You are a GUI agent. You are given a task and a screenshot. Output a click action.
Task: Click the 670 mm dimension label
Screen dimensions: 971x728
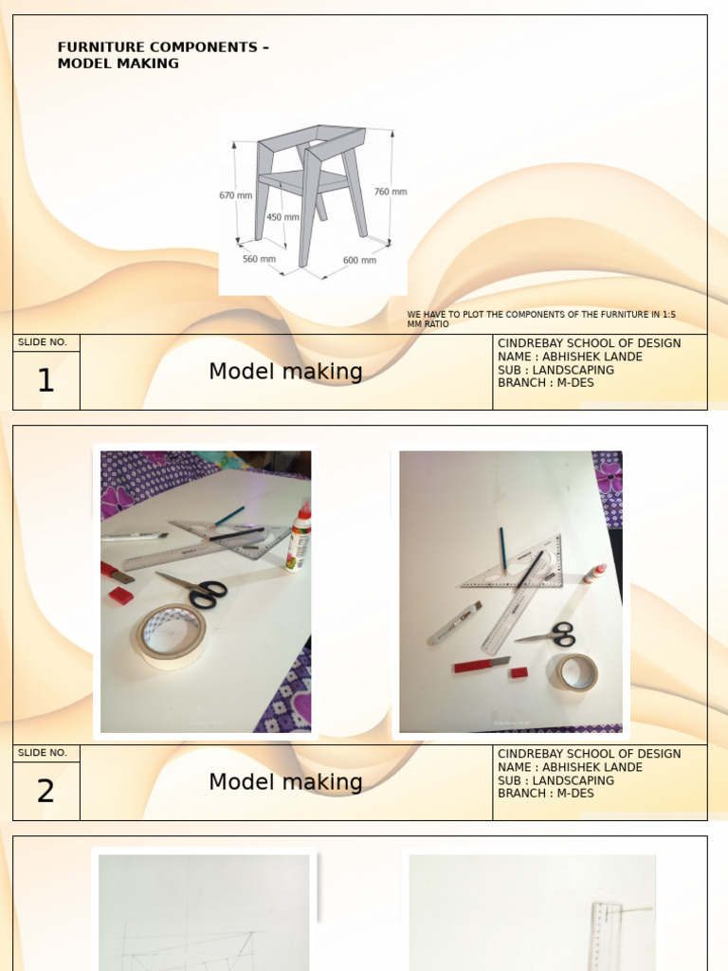(x=235, y=195)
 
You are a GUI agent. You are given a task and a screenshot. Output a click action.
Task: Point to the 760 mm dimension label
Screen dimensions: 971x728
(x=390, y=192)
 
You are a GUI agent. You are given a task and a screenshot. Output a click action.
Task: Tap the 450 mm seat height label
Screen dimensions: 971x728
(x=282, y=217)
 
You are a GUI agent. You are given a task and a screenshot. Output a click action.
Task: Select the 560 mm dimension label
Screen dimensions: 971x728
(x=259, y=259)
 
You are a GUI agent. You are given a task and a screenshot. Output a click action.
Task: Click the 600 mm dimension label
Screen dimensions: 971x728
(x=359, y=260)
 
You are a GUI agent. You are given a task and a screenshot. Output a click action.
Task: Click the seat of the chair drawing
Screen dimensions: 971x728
(x=303, y=180)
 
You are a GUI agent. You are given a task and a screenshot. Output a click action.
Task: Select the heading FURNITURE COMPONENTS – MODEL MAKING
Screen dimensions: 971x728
(x=163, y=55)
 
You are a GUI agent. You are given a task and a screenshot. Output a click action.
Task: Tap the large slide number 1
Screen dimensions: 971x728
(x=45, y=381)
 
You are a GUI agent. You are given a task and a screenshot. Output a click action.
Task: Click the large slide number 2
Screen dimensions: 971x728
(x=45, y=792)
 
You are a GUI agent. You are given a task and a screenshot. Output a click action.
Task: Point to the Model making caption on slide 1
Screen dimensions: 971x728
(x=285, y=372)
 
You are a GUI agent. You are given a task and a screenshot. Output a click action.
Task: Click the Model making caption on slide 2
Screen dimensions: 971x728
(x=285, y=782)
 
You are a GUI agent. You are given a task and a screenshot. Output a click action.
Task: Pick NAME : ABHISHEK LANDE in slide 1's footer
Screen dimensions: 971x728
(x=570, y=357)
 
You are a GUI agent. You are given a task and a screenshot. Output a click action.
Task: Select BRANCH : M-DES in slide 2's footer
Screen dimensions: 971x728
(x=546, y=794)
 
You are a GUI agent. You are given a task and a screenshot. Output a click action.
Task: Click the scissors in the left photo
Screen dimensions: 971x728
(x=196, y=590)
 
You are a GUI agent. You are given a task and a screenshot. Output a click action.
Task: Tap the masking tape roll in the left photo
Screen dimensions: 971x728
(x=170, y=635)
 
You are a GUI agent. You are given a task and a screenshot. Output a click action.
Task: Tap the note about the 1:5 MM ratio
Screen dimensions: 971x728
(x=541, y=319)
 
